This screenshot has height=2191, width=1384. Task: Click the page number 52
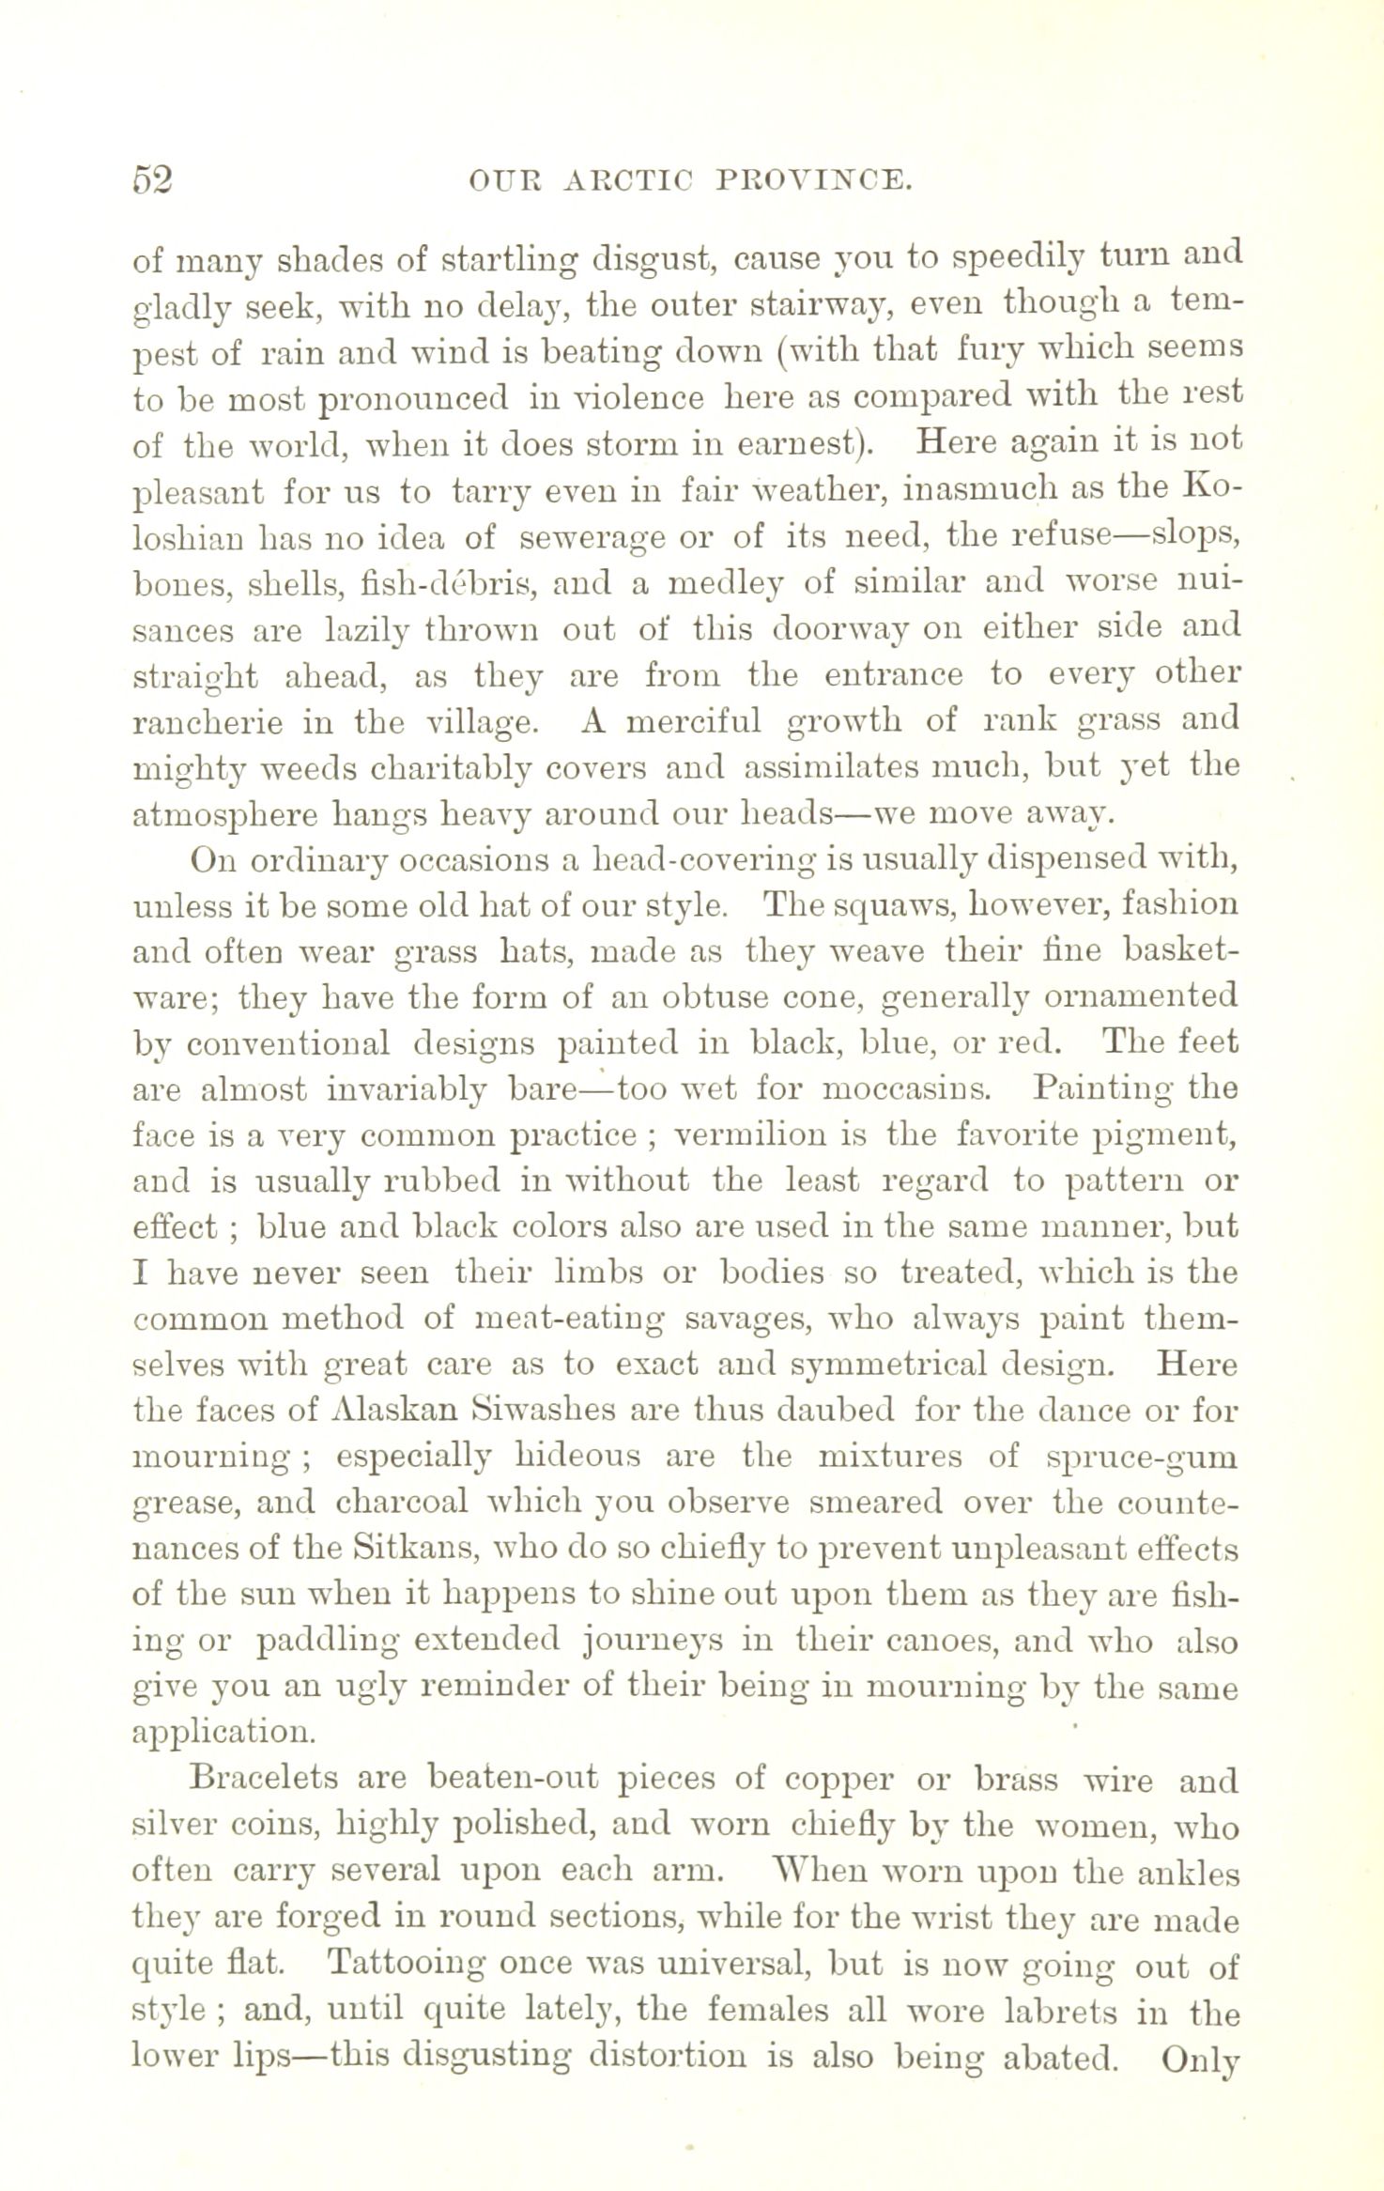(153, 177)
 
